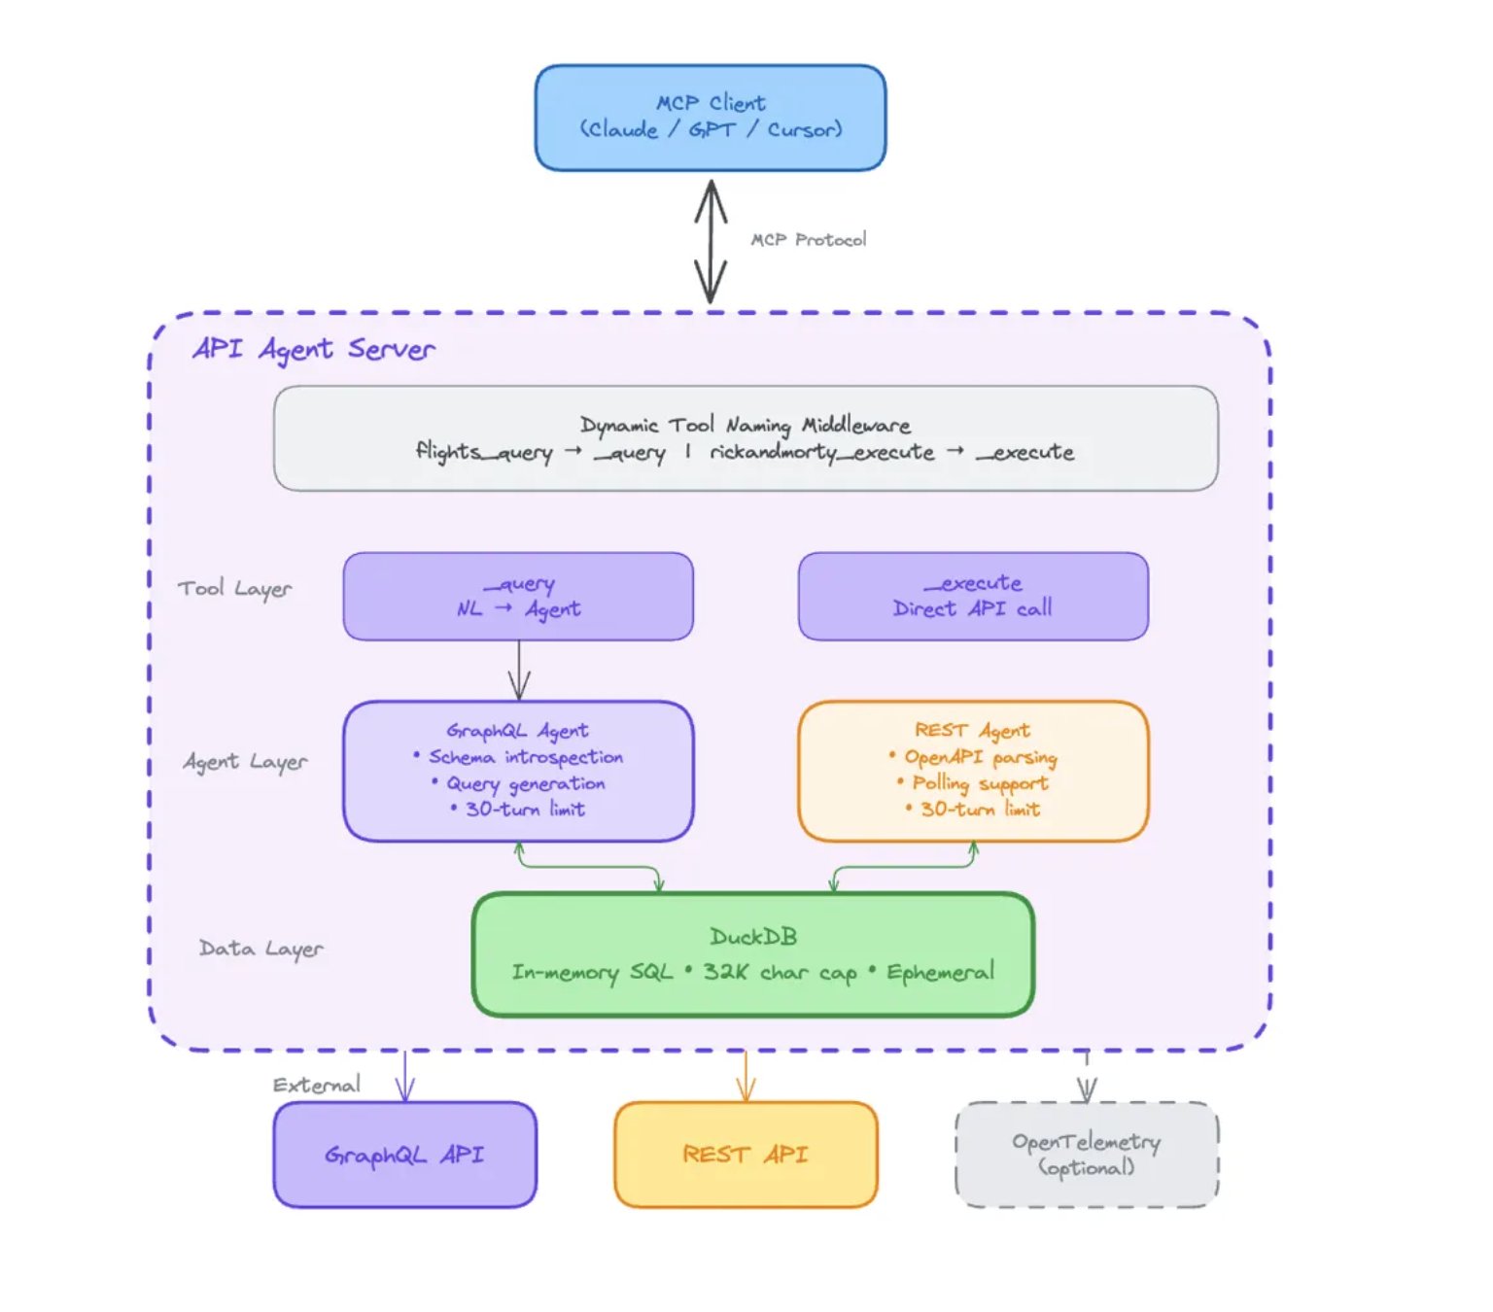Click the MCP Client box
click(x=710, y=118)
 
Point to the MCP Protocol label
click(x=808, y=240)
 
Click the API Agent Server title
click(x=313, y=349)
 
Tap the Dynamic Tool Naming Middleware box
click(x=745, y=438)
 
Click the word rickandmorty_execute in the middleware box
click(x=821, y=453)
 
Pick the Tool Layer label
click(x=234, y=589)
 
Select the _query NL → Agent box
click(x=518, y=597)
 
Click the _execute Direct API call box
click(x=972, y=597)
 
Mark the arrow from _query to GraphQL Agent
click(x=519, y=671)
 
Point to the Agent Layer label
click(x=245, y=762)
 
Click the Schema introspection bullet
click(x=525, y=757)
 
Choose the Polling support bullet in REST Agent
click(x=979, y=783)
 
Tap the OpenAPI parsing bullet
click(x=979, y=757)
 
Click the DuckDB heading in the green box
click(x=753, y=937)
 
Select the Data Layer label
click(x=260, y=949)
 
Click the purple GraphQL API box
click(x=404, y=1155)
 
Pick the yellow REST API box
click(x=746, y=1155)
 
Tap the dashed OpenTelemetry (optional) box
click(x=1086, y=1155)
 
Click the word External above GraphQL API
click(x=316, y=1086)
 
